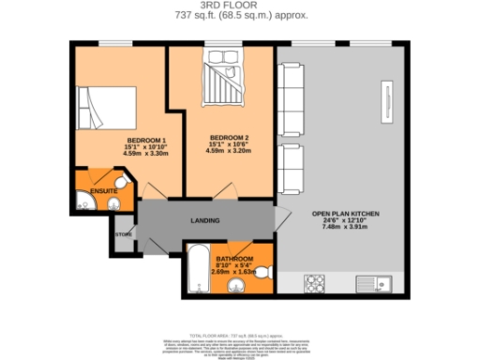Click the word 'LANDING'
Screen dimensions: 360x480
204,221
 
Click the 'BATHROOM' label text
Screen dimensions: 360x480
234,259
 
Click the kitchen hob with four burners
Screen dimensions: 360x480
315,281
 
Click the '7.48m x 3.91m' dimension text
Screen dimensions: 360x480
345,228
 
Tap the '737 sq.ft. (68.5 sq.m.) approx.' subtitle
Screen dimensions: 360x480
239,17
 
